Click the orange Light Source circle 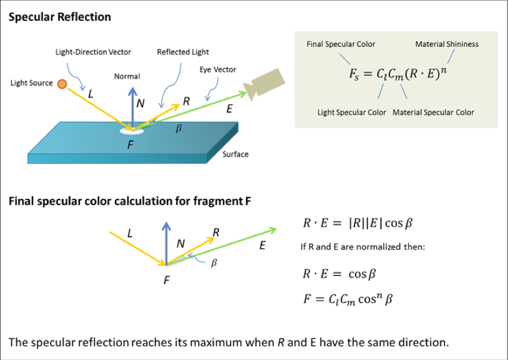[62, 84]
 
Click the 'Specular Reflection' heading [60, 17]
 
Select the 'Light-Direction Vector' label [93, 52]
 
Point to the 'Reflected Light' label [183, 52]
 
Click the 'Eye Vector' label [218, 70]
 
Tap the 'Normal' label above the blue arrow [127, 76]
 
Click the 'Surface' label [235, 154]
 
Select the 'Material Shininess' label [447, 44]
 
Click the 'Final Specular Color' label [341, 44]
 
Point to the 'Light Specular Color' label [352, 112]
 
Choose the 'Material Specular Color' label [434, 112]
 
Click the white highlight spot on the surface [132, 131]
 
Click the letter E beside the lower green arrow [262, 246]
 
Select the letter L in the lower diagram [130, 233]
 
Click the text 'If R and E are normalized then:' [363, 246]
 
